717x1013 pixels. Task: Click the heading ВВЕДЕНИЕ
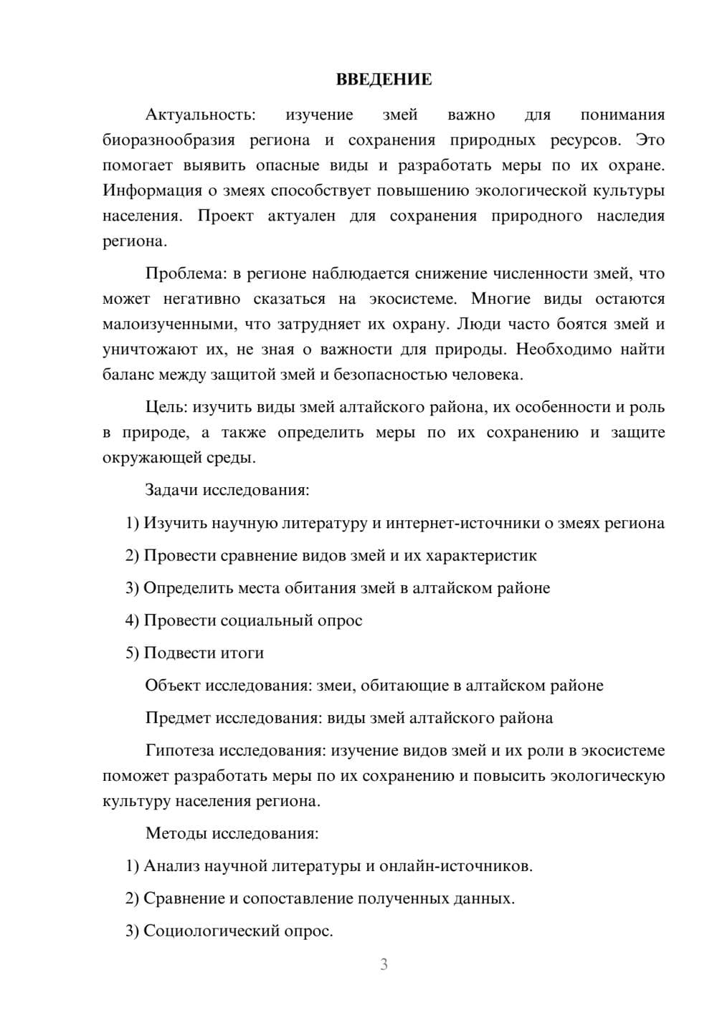pyautogui.click(x=384, y=80)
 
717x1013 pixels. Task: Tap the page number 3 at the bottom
pyautogui.click(x=384, y=964)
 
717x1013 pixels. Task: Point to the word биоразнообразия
pyautogui.click(x=168, y=140)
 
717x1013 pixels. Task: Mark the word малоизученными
pyautogui.click(x=168, y=324)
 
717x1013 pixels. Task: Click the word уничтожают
pyautogui.click(x=147, y=350)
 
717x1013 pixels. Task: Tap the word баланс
pyautogui.click(x=126, y=375)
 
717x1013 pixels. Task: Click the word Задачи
pyautogui.click(x=172, y=490)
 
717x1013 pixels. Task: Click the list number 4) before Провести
pyautogui.click(x=132, y=620)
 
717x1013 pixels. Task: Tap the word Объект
pyautogui.click(x=173, y=686)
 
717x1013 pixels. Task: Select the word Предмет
pyautogui.click(x=178, y=718)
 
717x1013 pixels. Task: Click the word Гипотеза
pyautogui.click(x=179, y=751)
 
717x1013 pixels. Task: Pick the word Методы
pyautogui.click(x=174, y=833)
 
